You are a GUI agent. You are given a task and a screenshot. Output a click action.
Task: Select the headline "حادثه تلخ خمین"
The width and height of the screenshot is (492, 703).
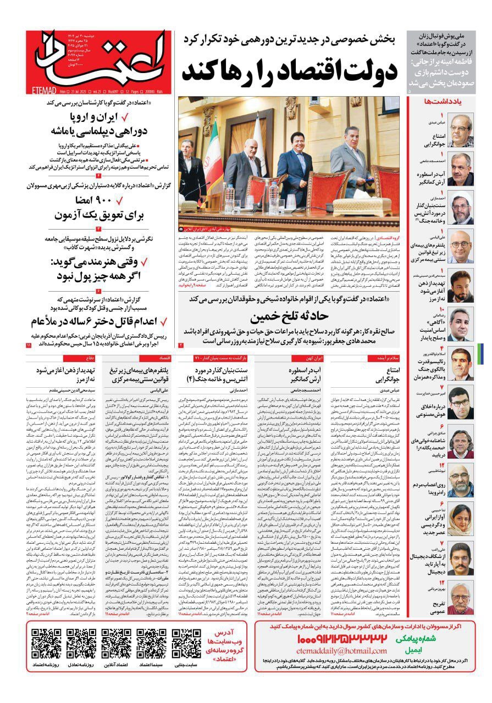pyautogui.click(x=290, y=317)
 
